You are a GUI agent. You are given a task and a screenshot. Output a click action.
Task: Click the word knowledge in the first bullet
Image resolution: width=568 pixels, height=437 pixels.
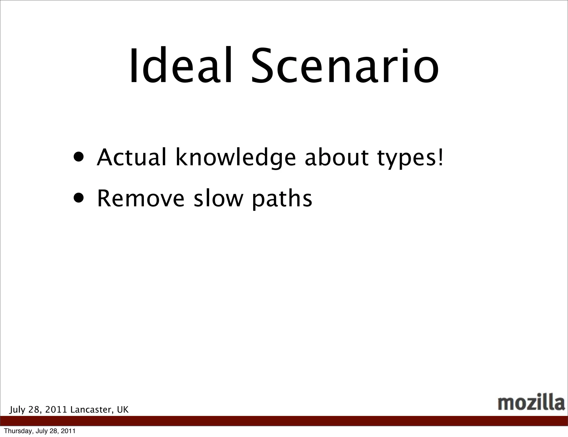click(x=236, y=158)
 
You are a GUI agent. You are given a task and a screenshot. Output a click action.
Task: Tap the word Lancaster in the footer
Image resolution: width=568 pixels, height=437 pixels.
click(x=92, y=410)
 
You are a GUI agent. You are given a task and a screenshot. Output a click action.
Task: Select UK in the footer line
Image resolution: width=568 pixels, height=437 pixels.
click(x=123, y=410)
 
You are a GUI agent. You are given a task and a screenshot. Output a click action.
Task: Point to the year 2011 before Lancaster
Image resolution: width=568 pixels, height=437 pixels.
click(x=56, y=410)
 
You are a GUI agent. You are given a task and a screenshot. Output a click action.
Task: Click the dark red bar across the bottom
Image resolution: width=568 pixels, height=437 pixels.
click(x=284, y=421)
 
